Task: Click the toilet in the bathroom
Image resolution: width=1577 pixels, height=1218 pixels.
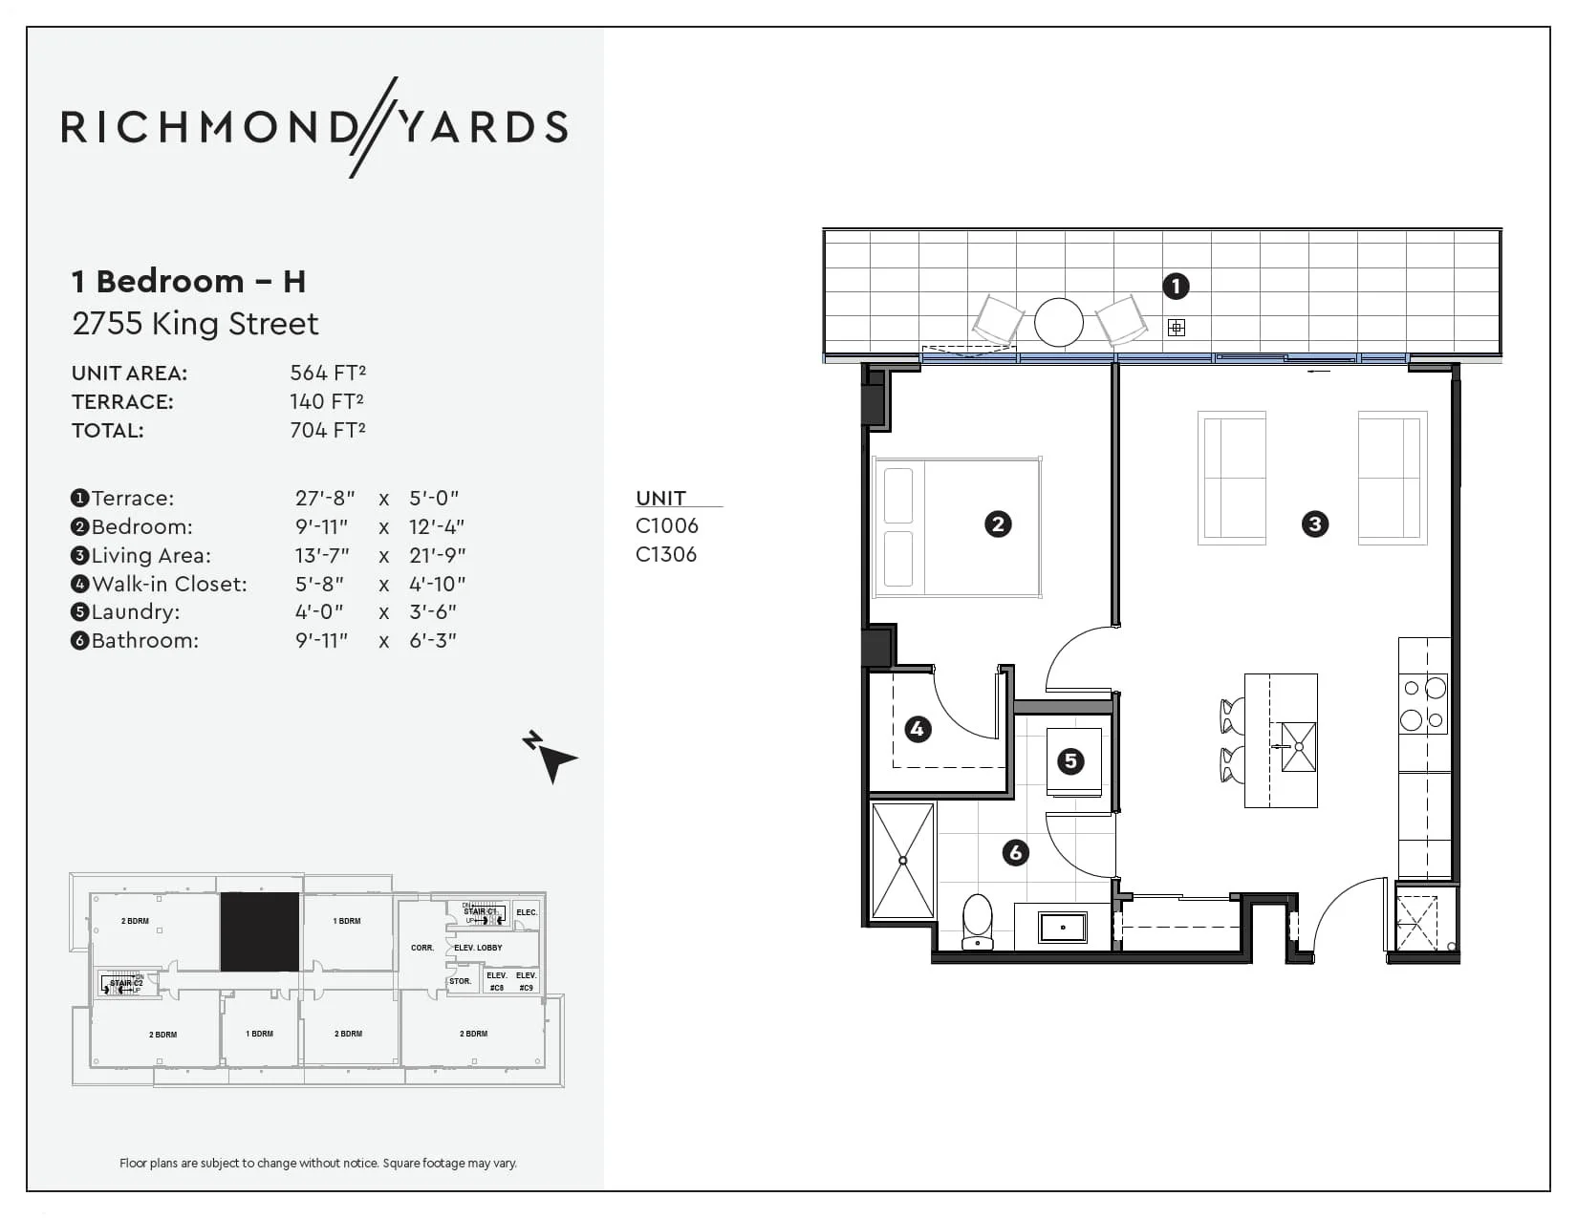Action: pyautogui.click(x=978, y=921)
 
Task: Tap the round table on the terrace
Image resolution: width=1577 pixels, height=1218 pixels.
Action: pyautogui.click(x=1058, y=322)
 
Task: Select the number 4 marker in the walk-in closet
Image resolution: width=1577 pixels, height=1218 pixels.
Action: pyautogui.click(x=918, y=730)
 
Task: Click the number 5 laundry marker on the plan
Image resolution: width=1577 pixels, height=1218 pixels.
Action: pyautogui.click(x=1070, y=761)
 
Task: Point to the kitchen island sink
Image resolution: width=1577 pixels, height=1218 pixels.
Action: pyautogui.click(x=1298, y=746)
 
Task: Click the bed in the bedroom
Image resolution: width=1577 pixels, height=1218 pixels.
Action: pyautogui.click(x=957, y=527)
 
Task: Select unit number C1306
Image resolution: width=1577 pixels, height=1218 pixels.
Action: pyautogui.click(x=666, y=555)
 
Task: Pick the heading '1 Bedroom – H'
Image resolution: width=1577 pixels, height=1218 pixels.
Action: pyautogui.click(x=188, y=282)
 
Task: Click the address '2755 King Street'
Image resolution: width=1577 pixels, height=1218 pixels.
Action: pyautogui.click(x=195, y=324)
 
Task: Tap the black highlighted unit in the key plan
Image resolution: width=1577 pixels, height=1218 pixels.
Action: pyautogui.click(x=259, y=931)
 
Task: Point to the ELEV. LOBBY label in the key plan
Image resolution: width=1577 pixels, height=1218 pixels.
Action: pyautogui.click(x=478, y=948)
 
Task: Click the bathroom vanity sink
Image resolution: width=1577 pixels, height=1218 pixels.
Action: pyautogui.click(x=1062, y=927)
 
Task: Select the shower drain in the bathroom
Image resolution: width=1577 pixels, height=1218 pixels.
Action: pyautogui.click(x=903, y=861)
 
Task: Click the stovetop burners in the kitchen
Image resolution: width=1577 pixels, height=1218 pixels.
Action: pyautogui.click(x=1423, y=704)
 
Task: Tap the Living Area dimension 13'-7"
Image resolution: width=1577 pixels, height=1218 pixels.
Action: pyautogui.click(x=322, y=555)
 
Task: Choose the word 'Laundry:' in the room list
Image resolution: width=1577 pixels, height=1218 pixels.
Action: pyautogui.click(x=135, y=612)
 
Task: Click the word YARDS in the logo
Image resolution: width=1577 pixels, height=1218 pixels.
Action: pyautogui.click(x=483, y=127)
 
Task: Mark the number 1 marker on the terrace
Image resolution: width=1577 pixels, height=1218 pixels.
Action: pyautogui.click(x=1176, y=286)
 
